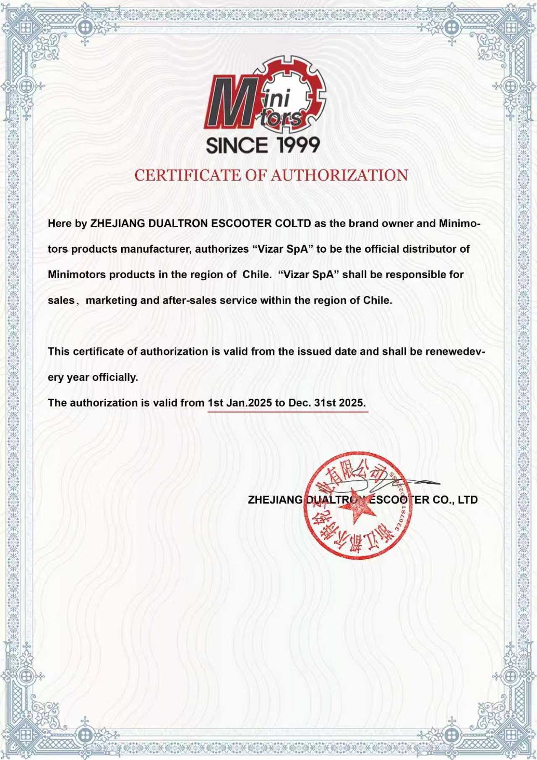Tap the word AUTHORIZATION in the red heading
[339, 175]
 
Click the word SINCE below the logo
[237, 145]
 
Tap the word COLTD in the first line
[293, 223]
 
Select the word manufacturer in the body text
[156, 249]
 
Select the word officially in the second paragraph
[115, 377]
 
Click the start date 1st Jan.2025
[240, 403]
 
